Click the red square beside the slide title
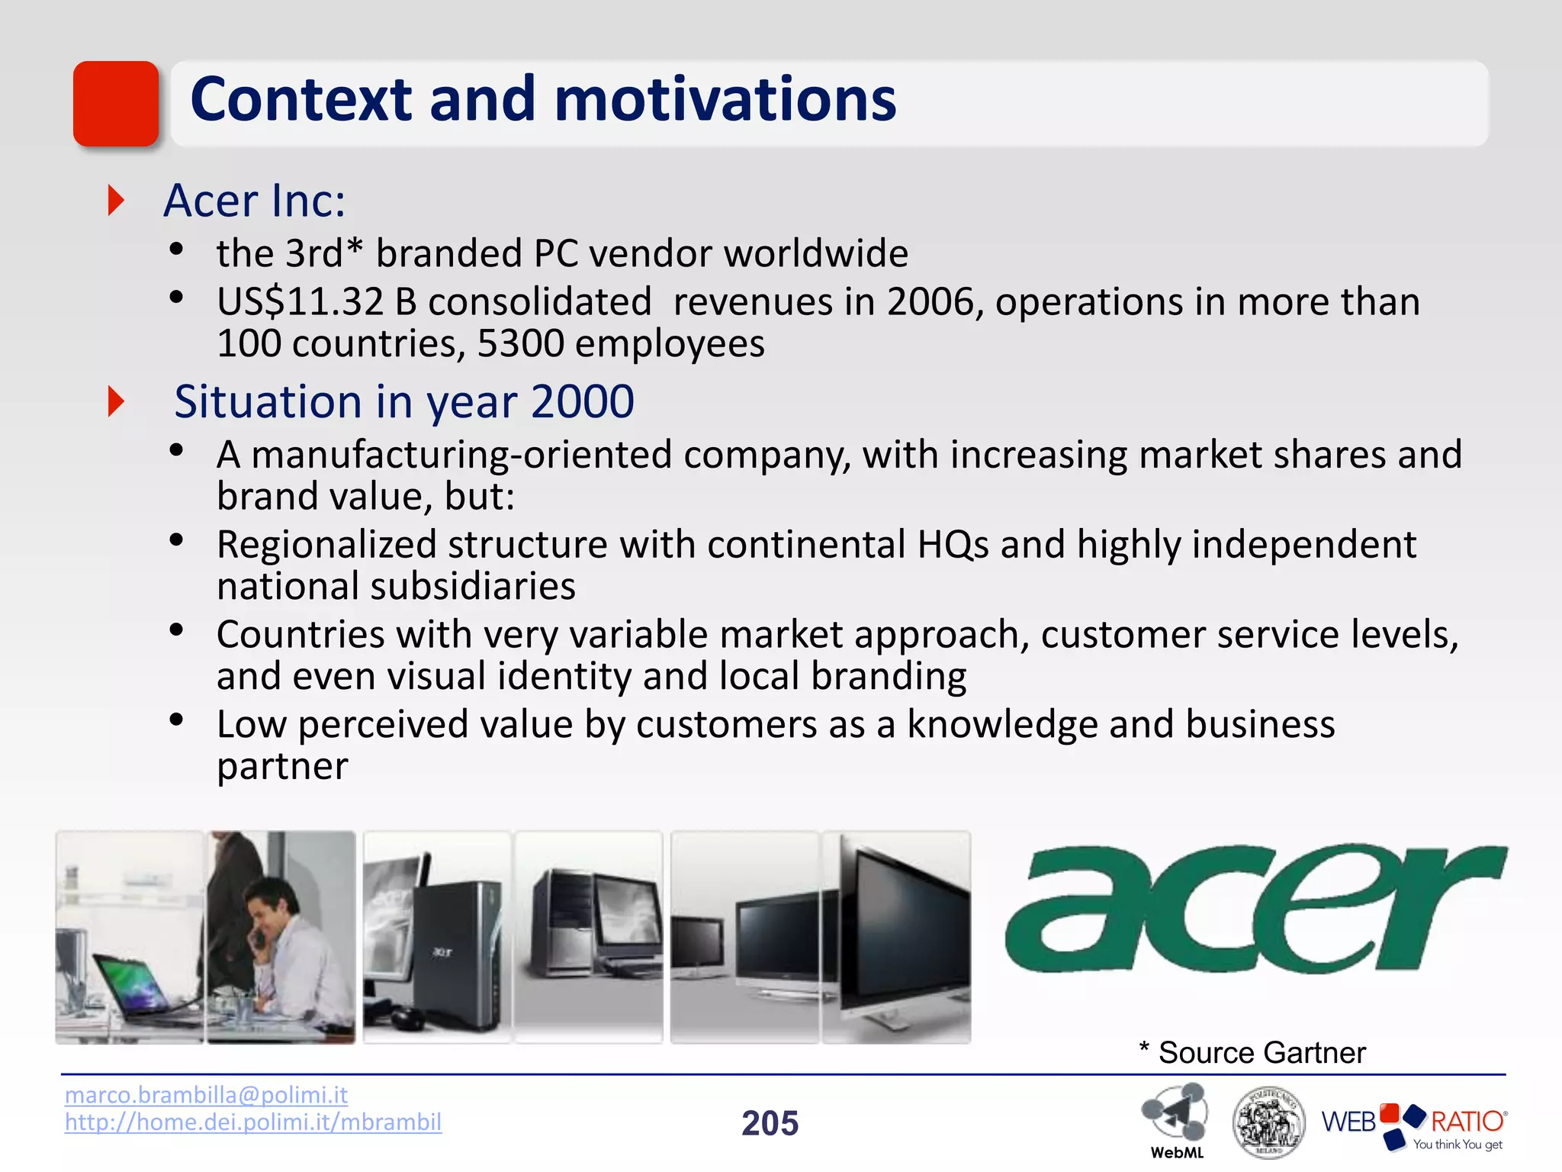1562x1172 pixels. [x=116, y=104]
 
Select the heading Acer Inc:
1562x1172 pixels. [x=255, y=201]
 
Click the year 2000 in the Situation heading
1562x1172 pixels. [x=583, y=401]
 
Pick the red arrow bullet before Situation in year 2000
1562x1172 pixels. [x=116, y=401]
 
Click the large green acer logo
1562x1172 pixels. [x=1255, y=908]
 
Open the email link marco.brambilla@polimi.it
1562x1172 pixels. [x=206, y=1095]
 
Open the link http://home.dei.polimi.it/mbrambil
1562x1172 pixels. [x=253, y=1122]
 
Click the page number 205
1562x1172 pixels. [x=770, y=1123]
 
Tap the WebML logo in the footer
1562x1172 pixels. [x=1175, y=1118]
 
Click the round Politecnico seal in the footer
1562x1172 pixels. [x=1268, y=1122]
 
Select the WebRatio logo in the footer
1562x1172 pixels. [x=1413, y=1125]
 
